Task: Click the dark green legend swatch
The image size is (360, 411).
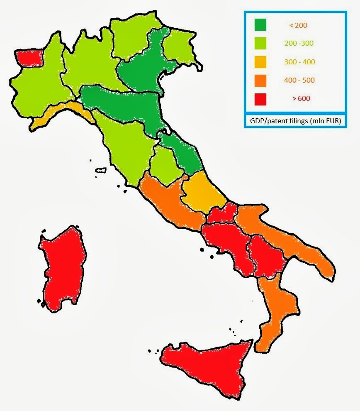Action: (260, 25)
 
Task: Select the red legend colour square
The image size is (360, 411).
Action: (260, 98)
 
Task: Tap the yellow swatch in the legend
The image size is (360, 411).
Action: (260, 62)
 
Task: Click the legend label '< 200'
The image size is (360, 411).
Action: (298, 25)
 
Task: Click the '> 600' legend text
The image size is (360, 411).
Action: (301, 98)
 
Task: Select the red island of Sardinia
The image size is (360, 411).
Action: (63, 270)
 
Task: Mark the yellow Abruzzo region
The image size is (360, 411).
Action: (200, 191)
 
